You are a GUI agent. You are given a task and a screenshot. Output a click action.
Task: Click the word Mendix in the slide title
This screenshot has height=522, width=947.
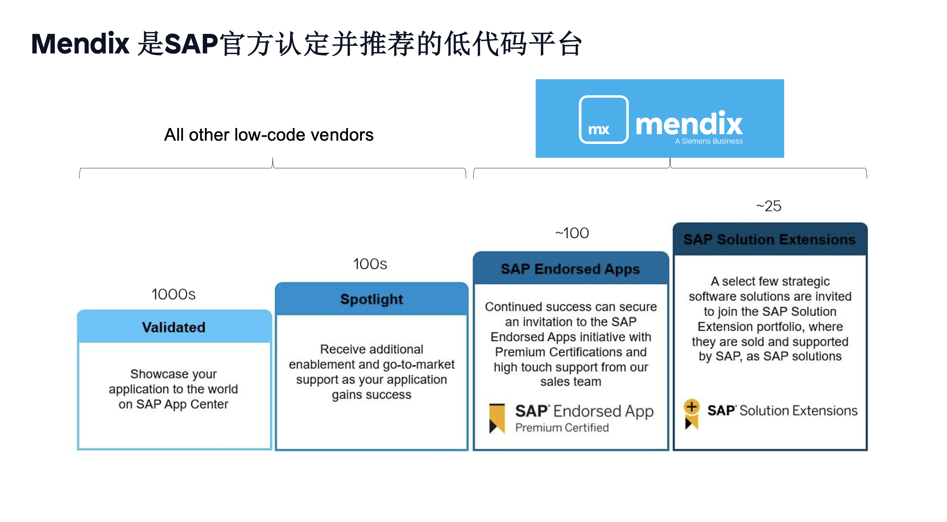(80, 44)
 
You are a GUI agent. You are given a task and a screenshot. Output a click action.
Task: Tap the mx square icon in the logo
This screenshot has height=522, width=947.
(603, 120)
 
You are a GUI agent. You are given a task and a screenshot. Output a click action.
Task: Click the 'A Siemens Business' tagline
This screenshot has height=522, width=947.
(708, 141)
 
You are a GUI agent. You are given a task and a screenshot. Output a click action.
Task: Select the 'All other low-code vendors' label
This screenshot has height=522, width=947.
(269, 135)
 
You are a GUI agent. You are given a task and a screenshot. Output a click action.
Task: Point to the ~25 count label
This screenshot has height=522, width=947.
(768, 206)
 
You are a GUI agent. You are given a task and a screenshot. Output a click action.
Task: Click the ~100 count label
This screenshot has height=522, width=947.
(572, 233)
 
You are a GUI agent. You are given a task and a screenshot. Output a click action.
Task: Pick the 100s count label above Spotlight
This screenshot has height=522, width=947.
(370, 264)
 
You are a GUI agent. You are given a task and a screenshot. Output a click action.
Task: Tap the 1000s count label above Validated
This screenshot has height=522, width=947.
(173, 295)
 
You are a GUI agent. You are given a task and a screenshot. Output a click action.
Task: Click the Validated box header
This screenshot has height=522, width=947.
(174, 327)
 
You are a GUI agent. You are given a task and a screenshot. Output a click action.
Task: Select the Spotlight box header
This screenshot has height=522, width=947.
(371, 300)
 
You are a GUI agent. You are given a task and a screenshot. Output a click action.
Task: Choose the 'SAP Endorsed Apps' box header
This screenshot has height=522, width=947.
(570, 269)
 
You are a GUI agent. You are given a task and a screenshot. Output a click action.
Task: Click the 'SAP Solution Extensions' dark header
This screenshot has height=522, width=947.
(769, 240)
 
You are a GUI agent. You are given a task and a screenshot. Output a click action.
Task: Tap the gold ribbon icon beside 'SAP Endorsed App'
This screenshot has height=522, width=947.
(497, 418)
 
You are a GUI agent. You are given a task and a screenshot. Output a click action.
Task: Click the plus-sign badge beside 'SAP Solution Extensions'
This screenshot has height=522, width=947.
(692, 407)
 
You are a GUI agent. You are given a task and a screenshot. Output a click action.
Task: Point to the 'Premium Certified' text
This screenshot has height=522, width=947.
(562, 427)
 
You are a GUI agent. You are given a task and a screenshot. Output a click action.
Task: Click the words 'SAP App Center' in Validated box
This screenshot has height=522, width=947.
(182, 404)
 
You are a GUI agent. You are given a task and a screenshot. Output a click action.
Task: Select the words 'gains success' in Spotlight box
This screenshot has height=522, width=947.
(371, 395)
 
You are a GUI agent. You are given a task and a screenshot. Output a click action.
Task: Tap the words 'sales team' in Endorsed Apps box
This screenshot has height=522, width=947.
(571, 382)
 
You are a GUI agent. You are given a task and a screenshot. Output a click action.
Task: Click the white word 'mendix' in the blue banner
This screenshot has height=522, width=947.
(689, 124)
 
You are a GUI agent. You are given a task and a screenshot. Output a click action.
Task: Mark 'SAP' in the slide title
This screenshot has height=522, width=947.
(191, 44)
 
